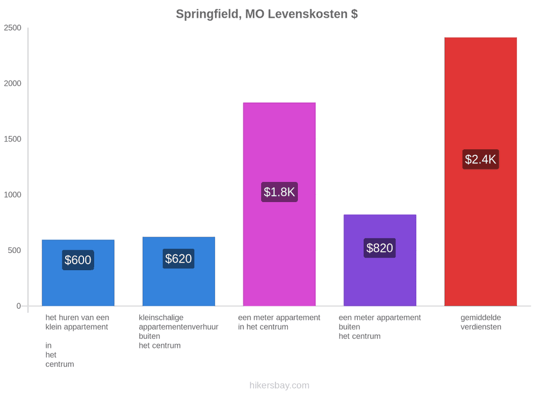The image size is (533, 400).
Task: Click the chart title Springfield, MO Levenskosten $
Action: click(267, 14)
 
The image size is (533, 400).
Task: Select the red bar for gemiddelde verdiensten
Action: click(481, 171)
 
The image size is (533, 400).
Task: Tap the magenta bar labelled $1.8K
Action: click(280, 204)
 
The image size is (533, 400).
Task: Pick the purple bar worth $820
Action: click(380, 260)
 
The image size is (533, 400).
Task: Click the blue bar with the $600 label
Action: click(78, 273)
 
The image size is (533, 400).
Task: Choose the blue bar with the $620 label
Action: click(179, 271)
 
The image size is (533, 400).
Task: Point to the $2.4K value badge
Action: click(481, 159)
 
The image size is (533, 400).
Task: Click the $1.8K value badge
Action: click(280, 192)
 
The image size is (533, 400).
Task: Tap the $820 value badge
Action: click(380, 248)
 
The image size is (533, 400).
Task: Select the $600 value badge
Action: click(78, 260)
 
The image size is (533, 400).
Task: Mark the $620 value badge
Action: click(178, 258)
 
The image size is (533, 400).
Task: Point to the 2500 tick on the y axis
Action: click(12, 28)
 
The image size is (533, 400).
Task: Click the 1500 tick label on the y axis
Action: click(12, 139)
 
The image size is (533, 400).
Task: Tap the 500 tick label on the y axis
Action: click(15, 250)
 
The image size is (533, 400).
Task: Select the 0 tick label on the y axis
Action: click(19, 306)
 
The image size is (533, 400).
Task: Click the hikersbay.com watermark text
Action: click(280, 385)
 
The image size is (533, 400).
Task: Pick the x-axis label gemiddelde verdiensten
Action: click(481, 322)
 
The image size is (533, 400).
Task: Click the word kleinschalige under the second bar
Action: click(161, 318)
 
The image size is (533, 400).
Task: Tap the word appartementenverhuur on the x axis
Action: click(178, 327)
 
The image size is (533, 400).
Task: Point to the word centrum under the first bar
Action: click(60, 364)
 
